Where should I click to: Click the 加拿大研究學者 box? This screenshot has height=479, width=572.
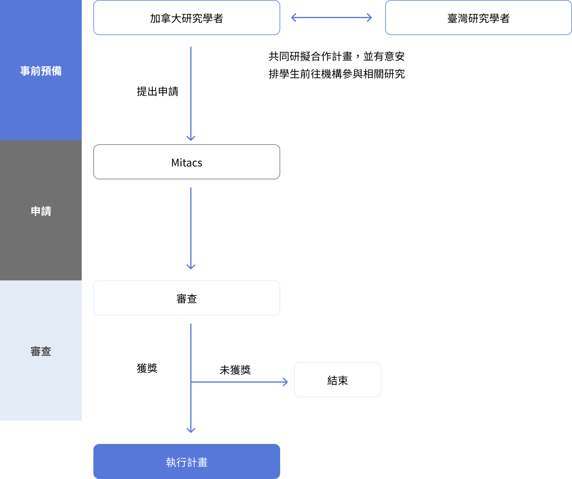(x=187, y=18)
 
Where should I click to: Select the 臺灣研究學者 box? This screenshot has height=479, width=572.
(x=478, y=18)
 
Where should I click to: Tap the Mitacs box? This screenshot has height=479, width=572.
(x=187, y=162)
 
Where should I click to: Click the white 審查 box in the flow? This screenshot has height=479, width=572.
(x=187, y=298)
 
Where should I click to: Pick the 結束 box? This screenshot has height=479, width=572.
(x=338, y=380)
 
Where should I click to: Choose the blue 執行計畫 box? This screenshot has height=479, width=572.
(x=187, y=461)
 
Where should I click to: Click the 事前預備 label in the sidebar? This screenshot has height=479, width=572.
(x=41, y=71)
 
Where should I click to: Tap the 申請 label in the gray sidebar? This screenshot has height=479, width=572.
(x=41, y=211)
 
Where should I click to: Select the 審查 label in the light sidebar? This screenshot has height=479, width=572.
(x=41, y=351)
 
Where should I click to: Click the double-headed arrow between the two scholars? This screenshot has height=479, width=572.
(x=332, y=18)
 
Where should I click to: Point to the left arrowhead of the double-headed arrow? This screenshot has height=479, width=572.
(x=293, y=18)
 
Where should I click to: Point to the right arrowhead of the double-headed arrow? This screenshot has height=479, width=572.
(x=370, y=18)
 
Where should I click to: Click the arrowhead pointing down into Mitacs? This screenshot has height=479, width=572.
(x=191, y=138)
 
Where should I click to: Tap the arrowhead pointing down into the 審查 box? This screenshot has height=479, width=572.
(x=191, y=267)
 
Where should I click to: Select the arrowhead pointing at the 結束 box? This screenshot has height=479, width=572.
(x=286, y=382)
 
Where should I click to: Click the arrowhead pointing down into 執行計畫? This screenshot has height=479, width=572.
(x=191, y=431)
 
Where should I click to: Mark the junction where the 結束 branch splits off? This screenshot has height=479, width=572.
(x=191, y=382)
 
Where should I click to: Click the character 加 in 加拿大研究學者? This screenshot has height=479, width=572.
(x=155, y=18)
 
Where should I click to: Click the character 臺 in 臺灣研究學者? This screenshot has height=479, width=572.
(x=452, y=18)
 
